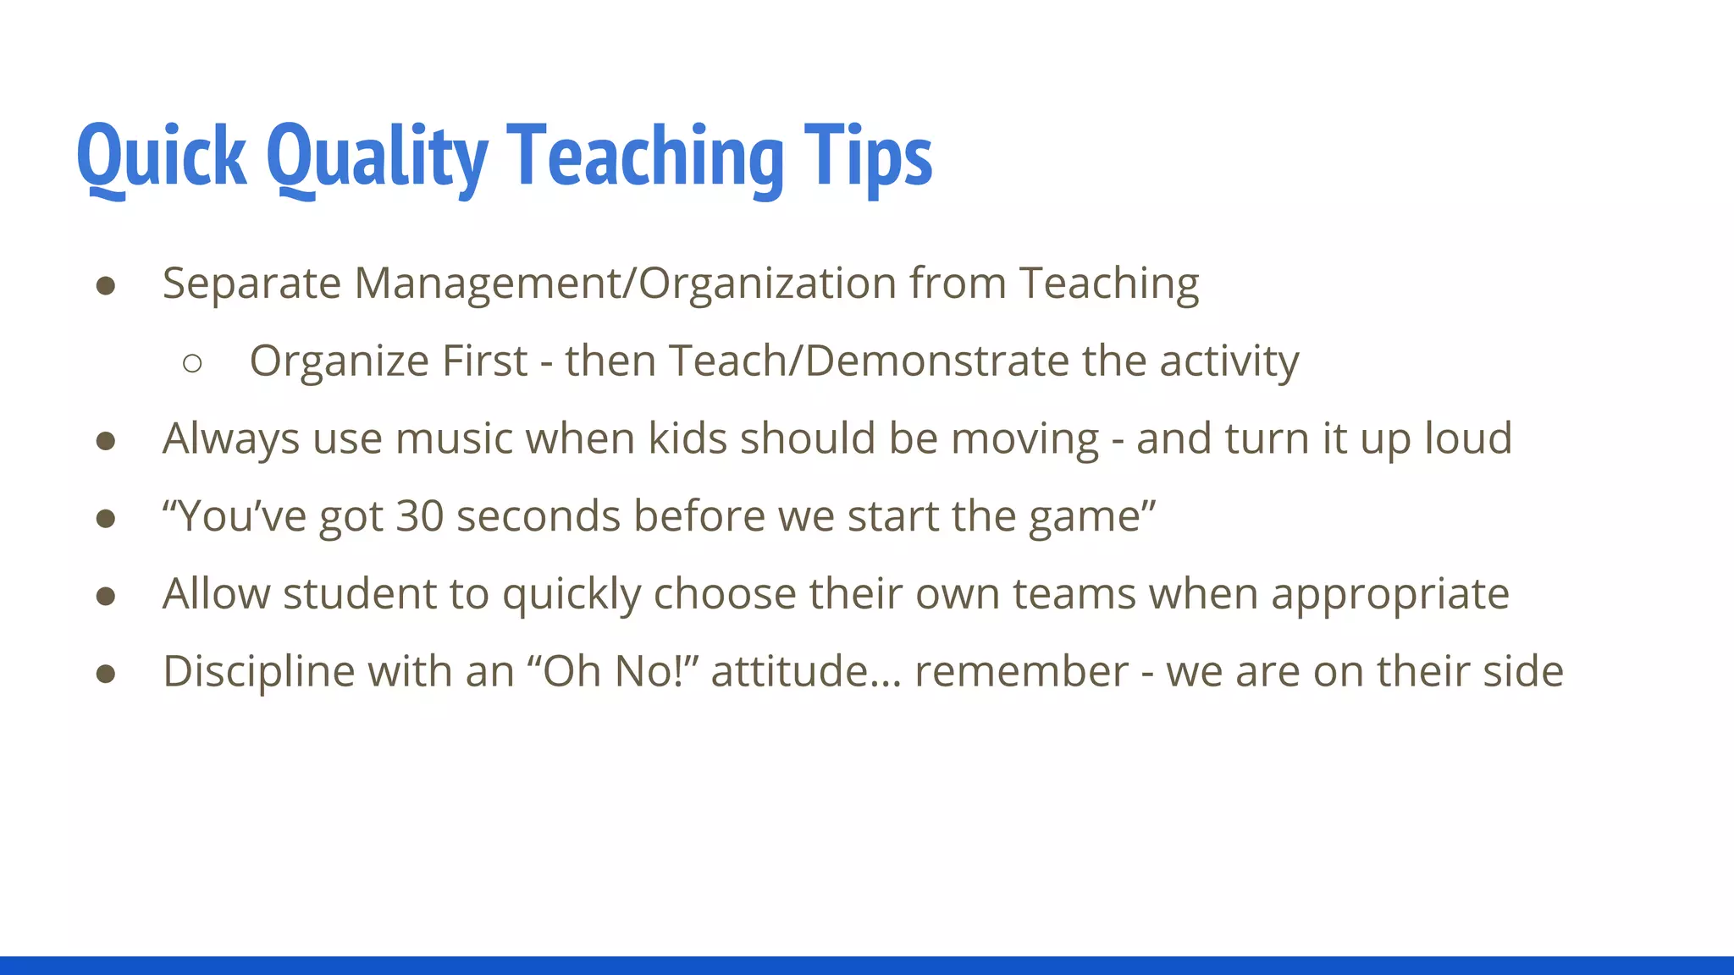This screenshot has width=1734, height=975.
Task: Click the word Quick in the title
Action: point(161,157)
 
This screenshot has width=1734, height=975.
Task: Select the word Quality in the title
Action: point(377,157)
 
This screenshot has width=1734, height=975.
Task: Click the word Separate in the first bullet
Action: point(251,284)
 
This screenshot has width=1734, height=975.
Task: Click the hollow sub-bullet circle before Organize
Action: point(192,363)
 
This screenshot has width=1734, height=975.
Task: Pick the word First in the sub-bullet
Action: point(485,361)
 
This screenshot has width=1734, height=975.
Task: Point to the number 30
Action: point(420,516)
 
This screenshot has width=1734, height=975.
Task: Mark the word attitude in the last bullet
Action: point(790,672)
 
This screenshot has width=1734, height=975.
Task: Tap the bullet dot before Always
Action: point(106,441)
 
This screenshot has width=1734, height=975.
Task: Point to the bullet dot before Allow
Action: point(106,596)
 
